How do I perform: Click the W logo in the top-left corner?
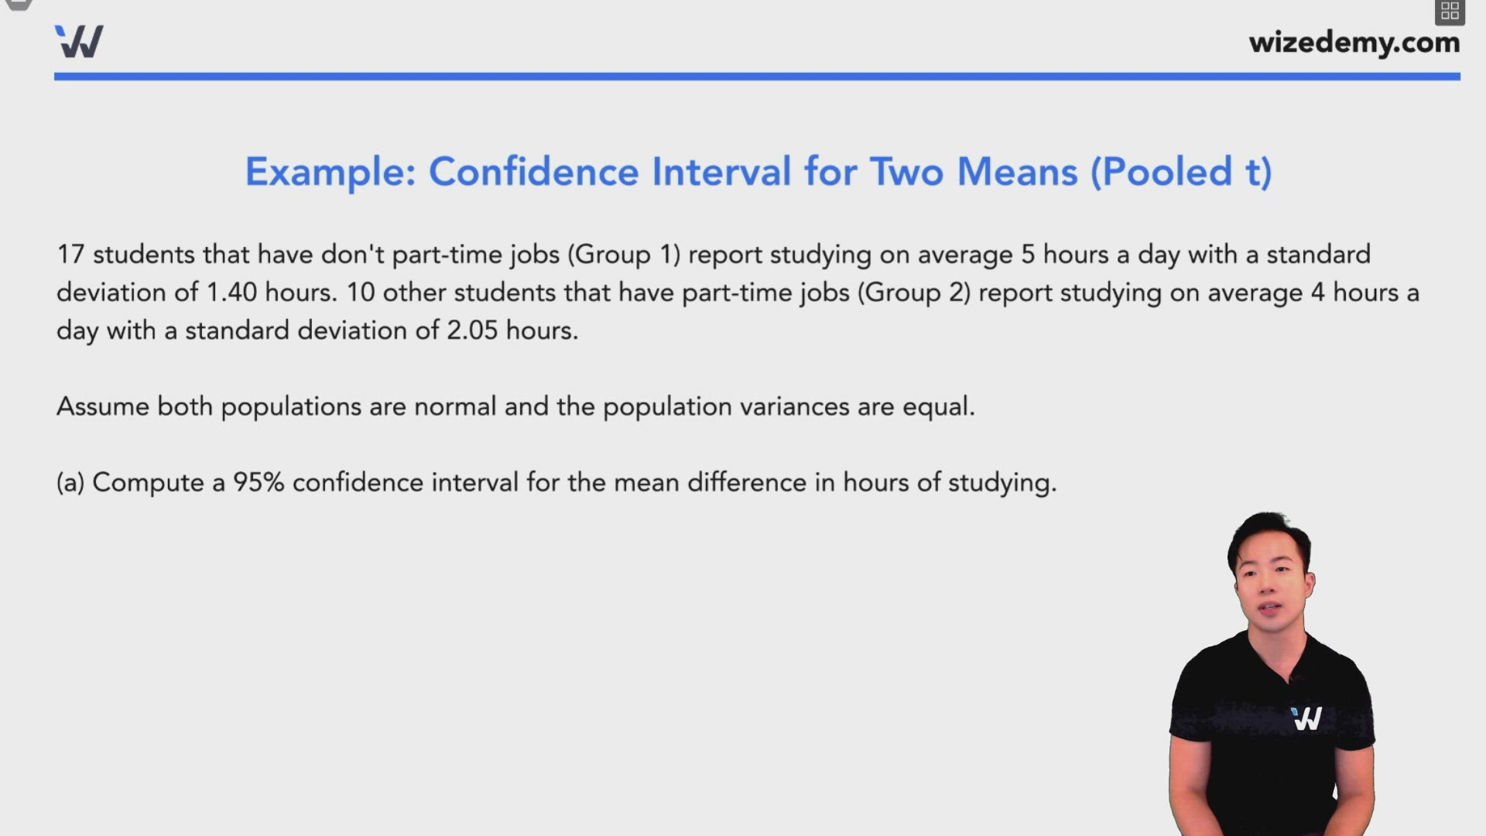coord(79,42)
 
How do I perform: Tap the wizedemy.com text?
coord(1354,43)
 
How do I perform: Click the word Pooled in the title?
coord(1166,172)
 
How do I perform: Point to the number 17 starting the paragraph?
coord(70,255)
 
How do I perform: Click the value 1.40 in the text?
coord(231,293)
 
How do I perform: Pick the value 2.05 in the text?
coord(471,331)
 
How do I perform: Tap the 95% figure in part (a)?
coord(259,483)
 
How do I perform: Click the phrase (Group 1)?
coord(624,255)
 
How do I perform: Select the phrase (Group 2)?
coord(913,293)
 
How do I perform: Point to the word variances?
coord(794,407)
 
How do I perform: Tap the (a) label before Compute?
coord(70,483)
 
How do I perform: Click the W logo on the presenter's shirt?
coord(1306,719)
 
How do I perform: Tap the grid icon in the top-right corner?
coord(1450,11)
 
